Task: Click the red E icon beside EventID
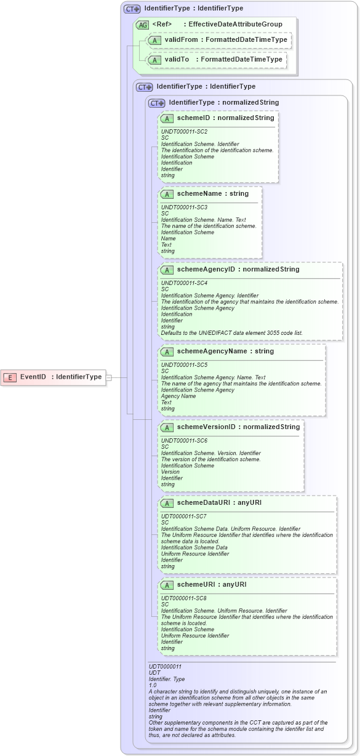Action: tap(10, 377)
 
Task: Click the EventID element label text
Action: tap(33, 377)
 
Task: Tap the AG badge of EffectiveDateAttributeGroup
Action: tap(142, 25)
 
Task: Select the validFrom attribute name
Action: tap(181, 40)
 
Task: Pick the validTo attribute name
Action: tap(177, 60)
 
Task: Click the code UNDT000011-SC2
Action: tap(184, 132)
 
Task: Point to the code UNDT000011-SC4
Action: tap(184, 283)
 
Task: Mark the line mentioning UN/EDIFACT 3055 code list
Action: tap(231, 333)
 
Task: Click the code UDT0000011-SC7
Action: tap(183, 516)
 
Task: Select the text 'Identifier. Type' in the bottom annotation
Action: tap(167, 679)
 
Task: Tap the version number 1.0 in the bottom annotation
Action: tap(153, 685)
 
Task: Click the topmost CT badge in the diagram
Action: tap(132, 9)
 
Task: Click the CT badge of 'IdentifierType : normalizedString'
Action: tap(157, 103)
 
